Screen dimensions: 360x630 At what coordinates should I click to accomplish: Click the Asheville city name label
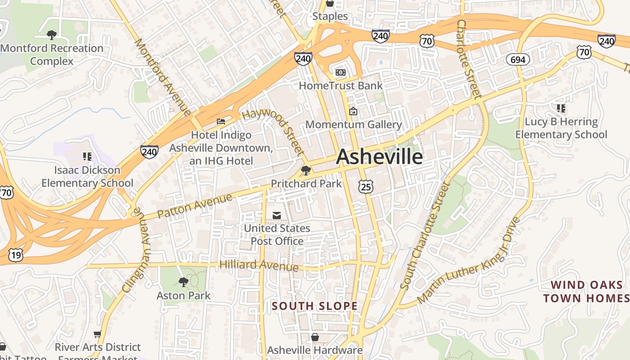(x=379, y=157)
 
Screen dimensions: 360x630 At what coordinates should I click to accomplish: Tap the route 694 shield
(x=518, y=59)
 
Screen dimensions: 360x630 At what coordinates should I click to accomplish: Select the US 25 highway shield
(x=366, y=186)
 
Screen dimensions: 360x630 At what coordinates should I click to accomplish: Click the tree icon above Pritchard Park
(x=306, y=170)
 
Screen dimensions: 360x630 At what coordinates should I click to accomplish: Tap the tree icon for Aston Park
(x=183, y=282)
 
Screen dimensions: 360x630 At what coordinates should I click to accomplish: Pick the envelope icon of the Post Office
(x=277, y=216)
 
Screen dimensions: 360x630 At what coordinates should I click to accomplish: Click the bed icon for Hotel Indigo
(x=221, y=121)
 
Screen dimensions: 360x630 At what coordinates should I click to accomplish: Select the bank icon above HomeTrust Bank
(x=341, y=72)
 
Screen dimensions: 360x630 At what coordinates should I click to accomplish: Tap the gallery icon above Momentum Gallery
(x=353, y=111)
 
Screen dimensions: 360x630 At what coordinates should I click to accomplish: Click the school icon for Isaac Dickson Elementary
(x=87, y=157)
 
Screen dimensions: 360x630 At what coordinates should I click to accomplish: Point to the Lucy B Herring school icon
(x=561, y=108)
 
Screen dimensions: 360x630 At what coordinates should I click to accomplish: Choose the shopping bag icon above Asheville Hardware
(x=315, y=337)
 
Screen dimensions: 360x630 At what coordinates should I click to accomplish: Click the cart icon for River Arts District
(x=97, y=334)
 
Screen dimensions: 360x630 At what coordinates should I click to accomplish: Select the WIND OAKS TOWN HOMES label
(x=587, y=292)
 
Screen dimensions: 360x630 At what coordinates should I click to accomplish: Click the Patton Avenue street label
(x=195, y=207)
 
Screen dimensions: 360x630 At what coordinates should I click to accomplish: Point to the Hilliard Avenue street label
(x=259, y=265)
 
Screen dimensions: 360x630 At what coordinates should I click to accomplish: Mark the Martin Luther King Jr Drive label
(x=469, y=261)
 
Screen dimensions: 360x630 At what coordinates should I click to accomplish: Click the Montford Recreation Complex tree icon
(x=52, y=35)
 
